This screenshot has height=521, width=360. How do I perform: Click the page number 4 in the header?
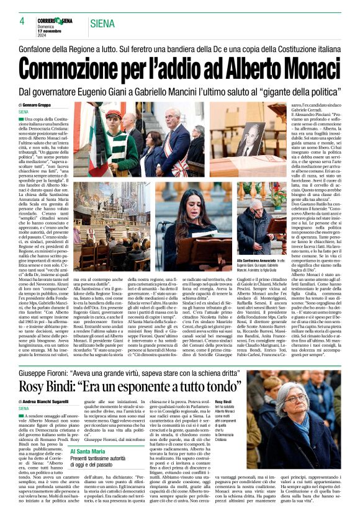pos(22,20)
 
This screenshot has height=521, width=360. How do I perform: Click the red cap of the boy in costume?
pos(114,115)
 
